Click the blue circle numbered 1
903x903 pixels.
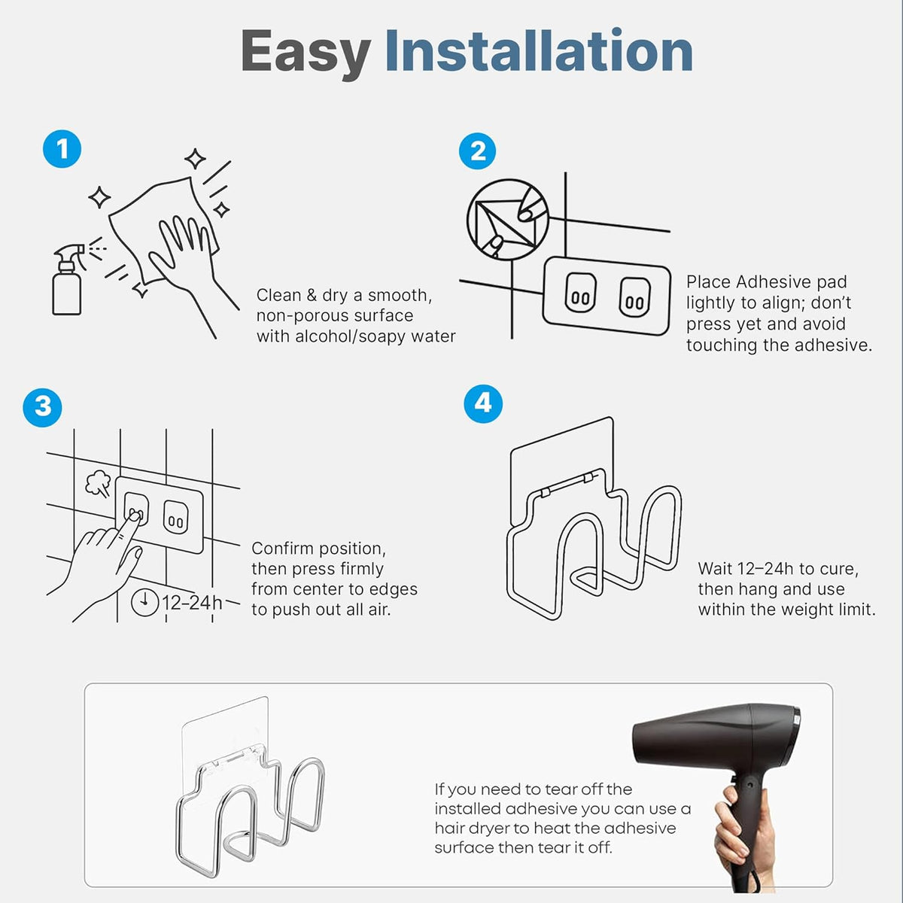[x=62, y=149]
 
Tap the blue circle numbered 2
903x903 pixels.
[x=478, y=151]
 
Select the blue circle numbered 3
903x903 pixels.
[x=43, y=407]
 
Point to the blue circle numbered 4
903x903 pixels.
[x=483, y=403]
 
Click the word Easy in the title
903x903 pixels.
[x=306, y=52]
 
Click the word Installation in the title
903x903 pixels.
[x=539, y=50]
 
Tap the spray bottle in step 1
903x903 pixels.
[x=68, y=280]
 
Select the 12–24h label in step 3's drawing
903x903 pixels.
[x=192, y=603]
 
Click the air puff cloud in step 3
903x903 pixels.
[x=98, y=484]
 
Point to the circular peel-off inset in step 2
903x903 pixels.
[x=507, y=219]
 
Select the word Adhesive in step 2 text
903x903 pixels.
[x=774, y=281]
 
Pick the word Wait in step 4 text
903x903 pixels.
[x=716, y=568]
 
